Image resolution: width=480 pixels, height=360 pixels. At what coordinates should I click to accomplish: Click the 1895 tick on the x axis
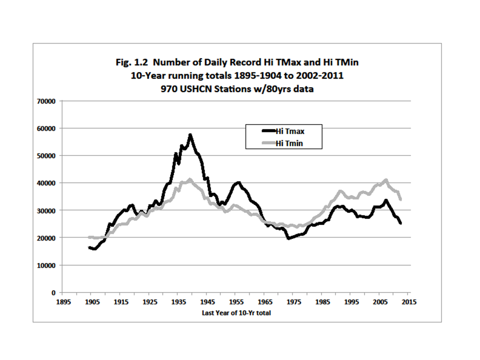pos(62,302)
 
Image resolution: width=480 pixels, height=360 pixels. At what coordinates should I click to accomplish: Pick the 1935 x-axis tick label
pos(177,302)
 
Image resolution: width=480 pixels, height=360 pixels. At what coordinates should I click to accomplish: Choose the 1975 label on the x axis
pos(293,302)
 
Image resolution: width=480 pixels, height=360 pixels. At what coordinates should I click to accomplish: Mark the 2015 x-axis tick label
pos(409,302)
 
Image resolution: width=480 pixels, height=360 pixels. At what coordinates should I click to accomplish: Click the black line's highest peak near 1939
pos(190,134)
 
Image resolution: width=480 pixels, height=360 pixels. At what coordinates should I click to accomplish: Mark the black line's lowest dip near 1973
pos(288,238)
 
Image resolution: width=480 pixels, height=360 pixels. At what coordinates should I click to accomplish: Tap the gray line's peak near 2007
pos(385,179)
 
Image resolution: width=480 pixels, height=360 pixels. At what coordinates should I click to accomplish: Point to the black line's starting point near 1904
pos(89,247)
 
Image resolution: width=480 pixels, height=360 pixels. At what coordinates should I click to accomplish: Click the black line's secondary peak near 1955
pos(238,182)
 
